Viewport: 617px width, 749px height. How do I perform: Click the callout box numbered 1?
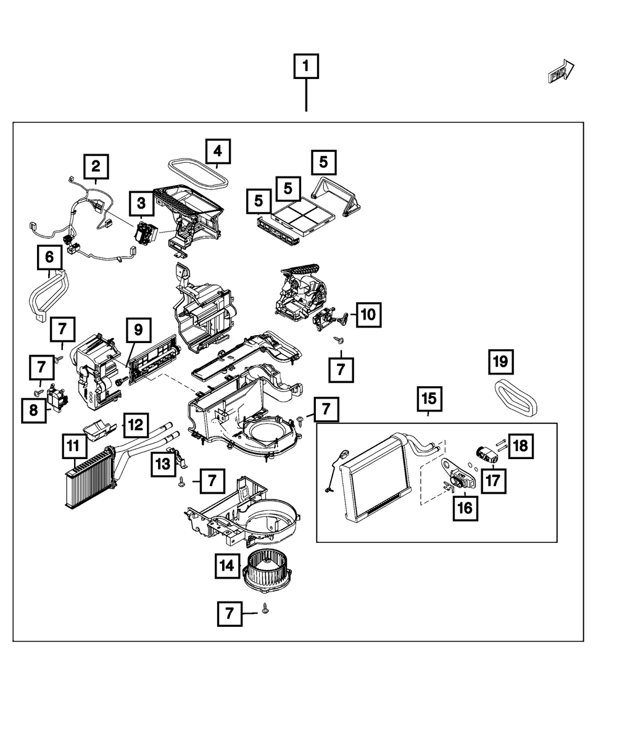(306, 66)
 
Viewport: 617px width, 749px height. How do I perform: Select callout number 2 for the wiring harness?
(96, 166)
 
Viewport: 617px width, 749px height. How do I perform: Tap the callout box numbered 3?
(141, 202)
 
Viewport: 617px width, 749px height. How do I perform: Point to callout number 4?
(217, 151)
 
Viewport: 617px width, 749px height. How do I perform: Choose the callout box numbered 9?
(138, 330)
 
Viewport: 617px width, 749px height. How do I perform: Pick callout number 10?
(368, 315)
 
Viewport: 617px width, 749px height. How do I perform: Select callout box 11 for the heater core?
(74, 445)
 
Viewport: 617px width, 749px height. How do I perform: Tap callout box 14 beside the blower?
(228, 565)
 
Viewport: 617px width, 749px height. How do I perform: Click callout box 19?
(501, 362)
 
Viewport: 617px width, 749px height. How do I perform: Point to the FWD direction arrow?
(560, 72)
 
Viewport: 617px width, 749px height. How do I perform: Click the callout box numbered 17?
(494, 481)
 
